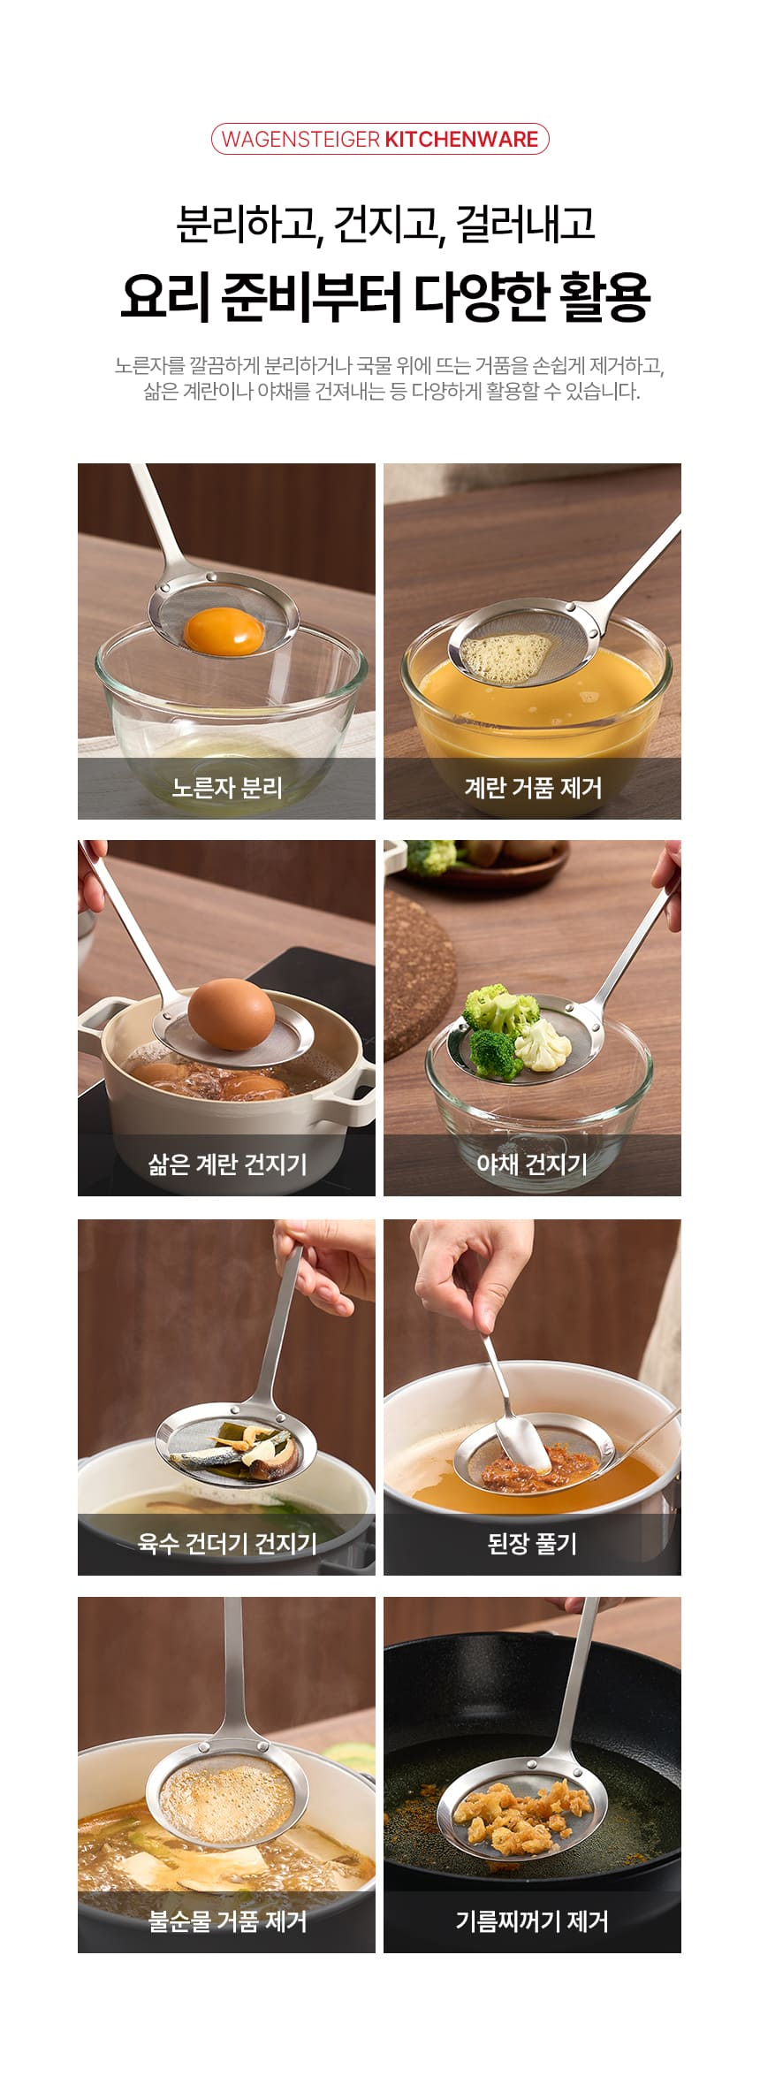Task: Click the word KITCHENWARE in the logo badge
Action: [460, 140]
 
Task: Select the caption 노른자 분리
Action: [226, 787]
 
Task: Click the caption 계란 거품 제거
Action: [532, 787]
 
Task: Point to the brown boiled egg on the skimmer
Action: [232, 1017]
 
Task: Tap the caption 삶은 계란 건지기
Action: [226, 1164]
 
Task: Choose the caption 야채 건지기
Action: [532, 1164]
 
